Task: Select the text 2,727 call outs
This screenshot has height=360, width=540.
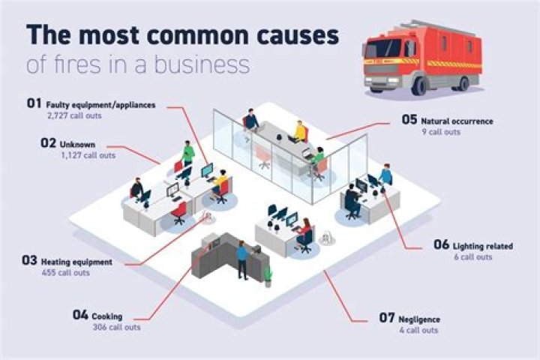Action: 74,117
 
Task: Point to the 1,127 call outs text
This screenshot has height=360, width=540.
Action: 88,155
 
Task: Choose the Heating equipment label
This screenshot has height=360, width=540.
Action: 76,262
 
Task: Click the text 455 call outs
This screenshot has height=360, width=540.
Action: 66,273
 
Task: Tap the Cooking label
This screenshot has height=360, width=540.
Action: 108,316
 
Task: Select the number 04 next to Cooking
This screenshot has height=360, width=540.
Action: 81,316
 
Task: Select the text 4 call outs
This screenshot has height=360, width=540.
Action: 418,330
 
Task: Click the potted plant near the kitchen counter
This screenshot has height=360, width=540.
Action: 268,274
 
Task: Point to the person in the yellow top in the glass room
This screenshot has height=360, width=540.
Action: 301,132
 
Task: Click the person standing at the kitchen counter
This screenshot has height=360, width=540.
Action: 242,259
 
